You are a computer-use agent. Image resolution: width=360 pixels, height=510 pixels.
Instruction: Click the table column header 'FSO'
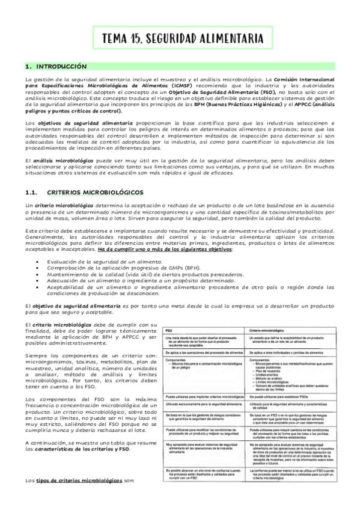169,331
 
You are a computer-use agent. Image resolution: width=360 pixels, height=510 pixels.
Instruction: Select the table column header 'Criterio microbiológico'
265,331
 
